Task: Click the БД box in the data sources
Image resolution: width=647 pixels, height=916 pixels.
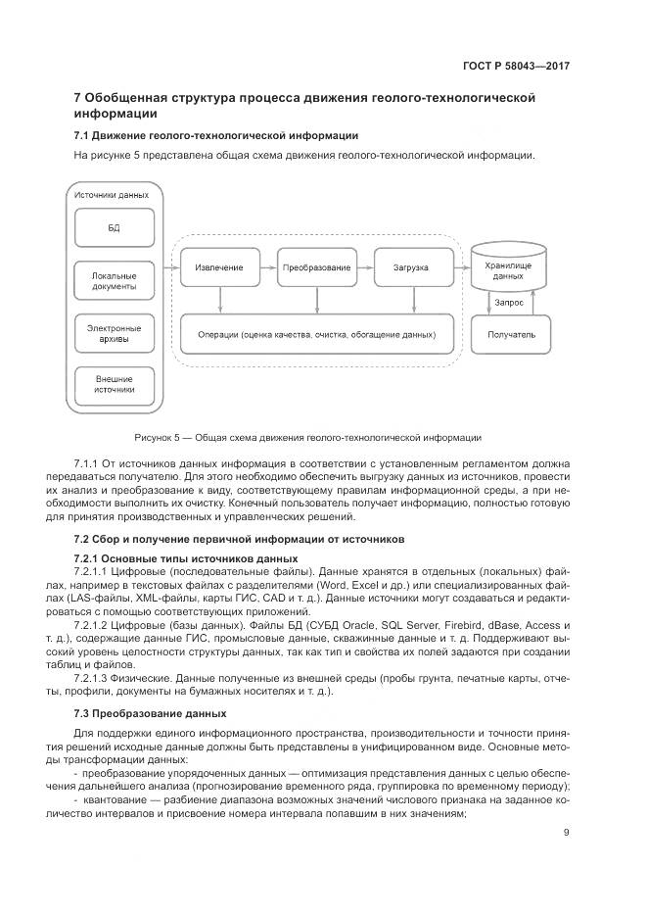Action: (114, 228)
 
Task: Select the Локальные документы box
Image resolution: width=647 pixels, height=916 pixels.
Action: (114, 281)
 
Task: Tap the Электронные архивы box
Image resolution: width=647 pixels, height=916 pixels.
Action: (114, 333)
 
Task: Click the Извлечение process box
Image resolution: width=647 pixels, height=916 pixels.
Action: (219, 267)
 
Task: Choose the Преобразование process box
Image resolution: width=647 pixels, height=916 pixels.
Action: (316, 267)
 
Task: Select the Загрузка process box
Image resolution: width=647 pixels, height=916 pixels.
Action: (411, 267)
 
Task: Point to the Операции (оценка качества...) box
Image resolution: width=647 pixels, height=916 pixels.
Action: (316, 334)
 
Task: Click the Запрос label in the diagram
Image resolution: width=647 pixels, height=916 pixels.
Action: (509, 304)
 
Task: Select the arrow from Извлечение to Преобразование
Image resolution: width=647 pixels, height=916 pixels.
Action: (267, 267)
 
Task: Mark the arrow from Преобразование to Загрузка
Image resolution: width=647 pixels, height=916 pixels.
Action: (364, 267)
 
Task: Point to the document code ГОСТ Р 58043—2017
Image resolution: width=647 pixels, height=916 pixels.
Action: (517, 67)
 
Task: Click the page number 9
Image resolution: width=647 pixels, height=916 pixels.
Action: (567, 833)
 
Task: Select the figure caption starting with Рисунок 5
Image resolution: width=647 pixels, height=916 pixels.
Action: (307, 437)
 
